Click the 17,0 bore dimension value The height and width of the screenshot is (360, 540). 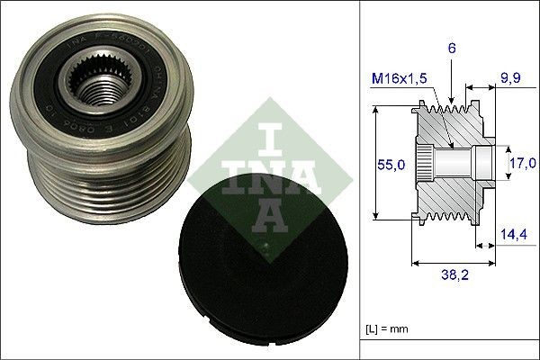coord(519,165)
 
